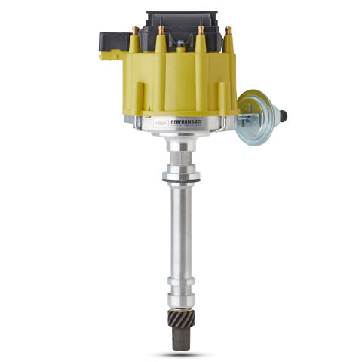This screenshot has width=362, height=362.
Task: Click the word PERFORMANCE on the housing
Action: click(187, 120)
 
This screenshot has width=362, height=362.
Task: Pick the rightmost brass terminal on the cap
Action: click(228, 31)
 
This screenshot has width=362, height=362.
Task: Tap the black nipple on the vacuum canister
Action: click(284, 115)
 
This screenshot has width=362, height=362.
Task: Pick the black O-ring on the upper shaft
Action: click(182, 178)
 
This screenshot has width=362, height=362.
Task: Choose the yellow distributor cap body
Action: click(181, 83)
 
